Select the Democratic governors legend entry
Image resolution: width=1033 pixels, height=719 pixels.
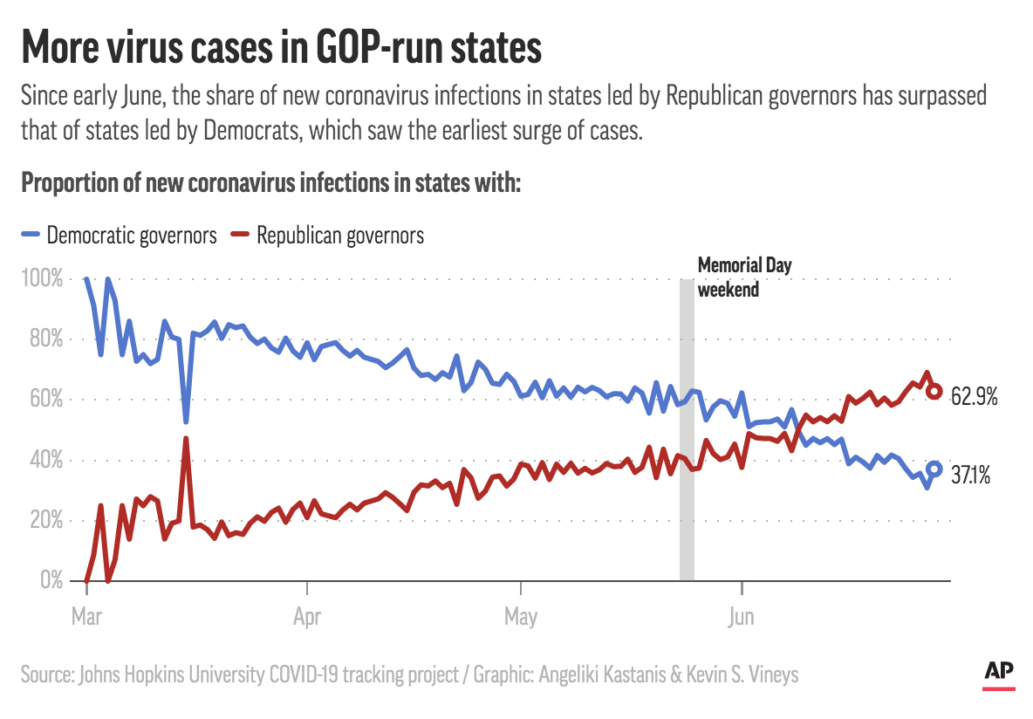pos(120,236)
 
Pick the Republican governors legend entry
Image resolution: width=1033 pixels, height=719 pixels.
pos(327,236)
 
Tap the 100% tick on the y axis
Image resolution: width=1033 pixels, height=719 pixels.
pos(42,279)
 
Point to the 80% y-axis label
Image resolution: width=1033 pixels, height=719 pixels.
pos(45,339)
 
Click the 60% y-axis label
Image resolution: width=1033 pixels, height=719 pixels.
pos(45,400)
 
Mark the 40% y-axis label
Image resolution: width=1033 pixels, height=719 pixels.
pos(45,460)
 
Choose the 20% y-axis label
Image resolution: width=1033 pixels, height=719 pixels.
pos(45,520)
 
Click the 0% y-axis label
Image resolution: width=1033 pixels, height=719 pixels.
pos(49,580)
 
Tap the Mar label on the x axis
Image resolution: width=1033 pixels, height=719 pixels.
pos(86,617)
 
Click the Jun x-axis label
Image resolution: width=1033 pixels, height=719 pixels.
pos(741,617)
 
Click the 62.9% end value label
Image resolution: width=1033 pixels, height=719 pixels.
pos(974,397)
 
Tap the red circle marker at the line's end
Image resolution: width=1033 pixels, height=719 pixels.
pos(934,392)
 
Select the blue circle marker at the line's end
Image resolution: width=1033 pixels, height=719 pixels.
pos(934,469)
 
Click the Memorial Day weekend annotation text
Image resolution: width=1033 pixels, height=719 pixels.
pos(744,277)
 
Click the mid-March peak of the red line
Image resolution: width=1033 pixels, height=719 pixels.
pos(186,438)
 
